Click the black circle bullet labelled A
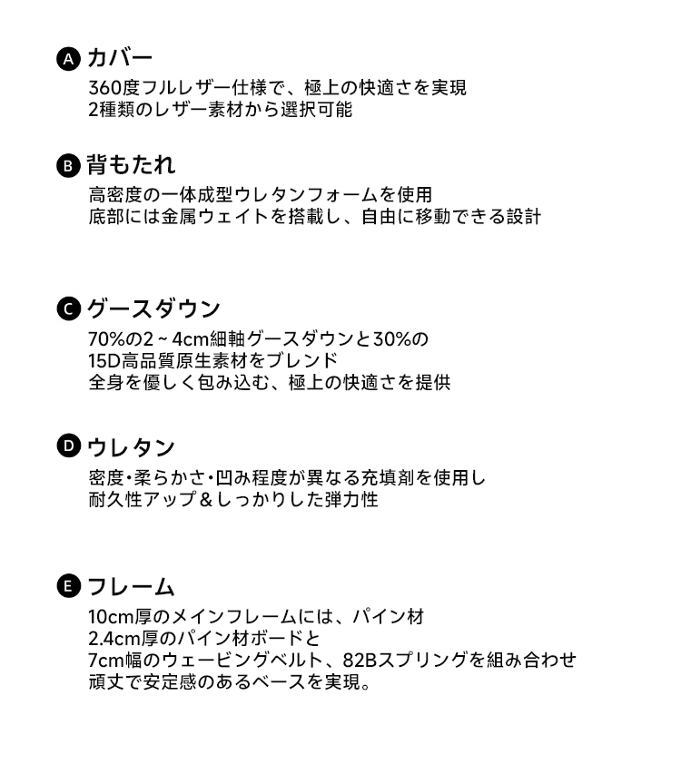[69, 59]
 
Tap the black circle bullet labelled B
[69, 166]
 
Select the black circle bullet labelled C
[69, 309]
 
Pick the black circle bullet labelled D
[69, 446]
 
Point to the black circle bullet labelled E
[69, 586]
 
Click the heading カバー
[120, 58]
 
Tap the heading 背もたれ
[131, 165]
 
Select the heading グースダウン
[153, 309]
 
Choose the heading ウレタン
[131, 446]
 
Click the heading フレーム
[131, 586]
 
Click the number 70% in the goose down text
[107, 339]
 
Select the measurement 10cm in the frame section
[111, 617]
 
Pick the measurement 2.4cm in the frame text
[114, 638]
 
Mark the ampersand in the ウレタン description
[206, 499]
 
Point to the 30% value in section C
[392, 339]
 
